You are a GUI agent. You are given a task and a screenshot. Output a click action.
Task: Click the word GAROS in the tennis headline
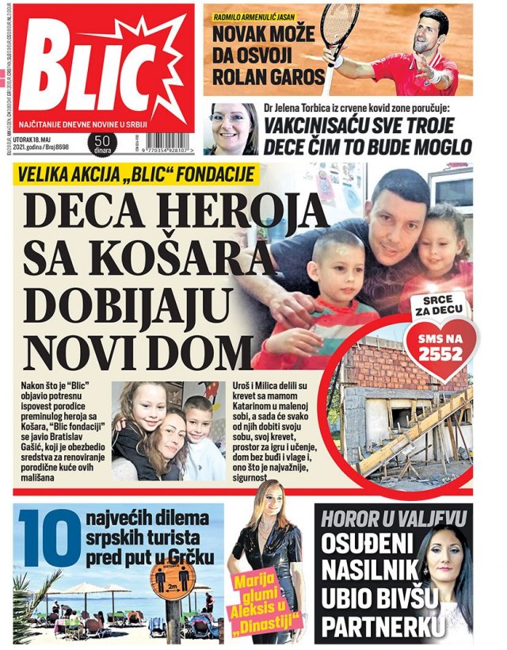pos(292,78)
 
